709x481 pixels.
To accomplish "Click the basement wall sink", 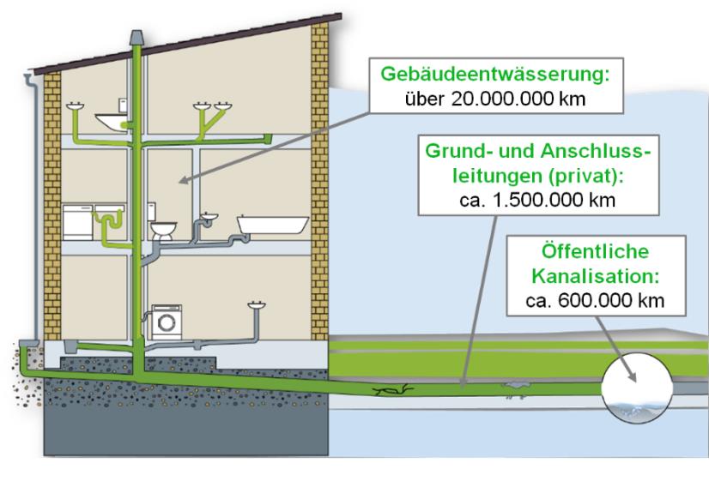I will (255, 304).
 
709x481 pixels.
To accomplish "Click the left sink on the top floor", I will (74, 107).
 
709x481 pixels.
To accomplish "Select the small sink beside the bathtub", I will (208, 215).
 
